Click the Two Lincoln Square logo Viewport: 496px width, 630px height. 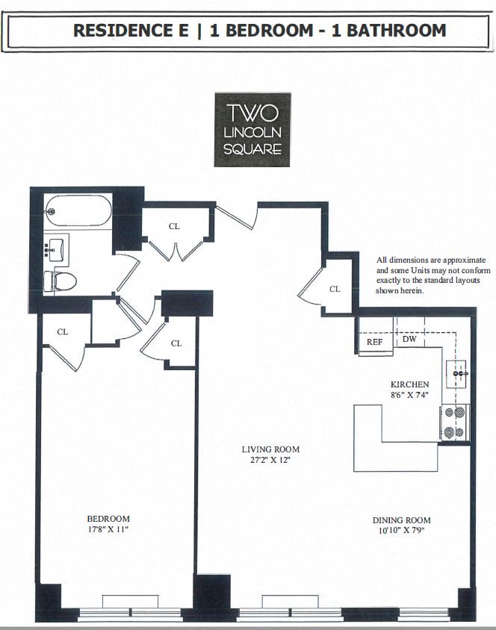pyautogui.click(x=252, y=129)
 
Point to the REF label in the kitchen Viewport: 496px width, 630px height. pyautogui.click(x=374, y=341)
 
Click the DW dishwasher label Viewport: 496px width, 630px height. pyautogui.click(x=409, y=339)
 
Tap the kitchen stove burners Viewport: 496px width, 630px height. pyautogui.click(x=453, y=422)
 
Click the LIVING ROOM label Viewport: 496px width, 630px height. pyautogui.click(x=270, y=449)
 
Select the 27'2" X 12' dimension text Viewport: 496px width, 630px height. pyautogui.click(x=270, y=460)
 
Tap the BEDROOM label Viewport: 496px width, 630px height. pyautogui.click(x=108, y=519)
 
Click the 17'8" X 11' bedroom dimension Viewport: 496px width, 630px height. pyautogui.click(x=108, y=529)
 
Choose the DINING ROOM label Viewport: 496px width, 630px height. pyautogui.click(x=402, y=520)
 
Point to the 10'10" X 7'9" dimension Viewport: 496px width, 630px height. pyautogui.click(x=402, y=531)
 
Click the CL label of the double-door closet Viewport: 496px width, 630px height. pyautogui.click(x=173, y=226)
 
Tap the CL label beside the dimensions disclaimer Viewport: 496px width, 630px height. pyautogui.click(x=335, y=289)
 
